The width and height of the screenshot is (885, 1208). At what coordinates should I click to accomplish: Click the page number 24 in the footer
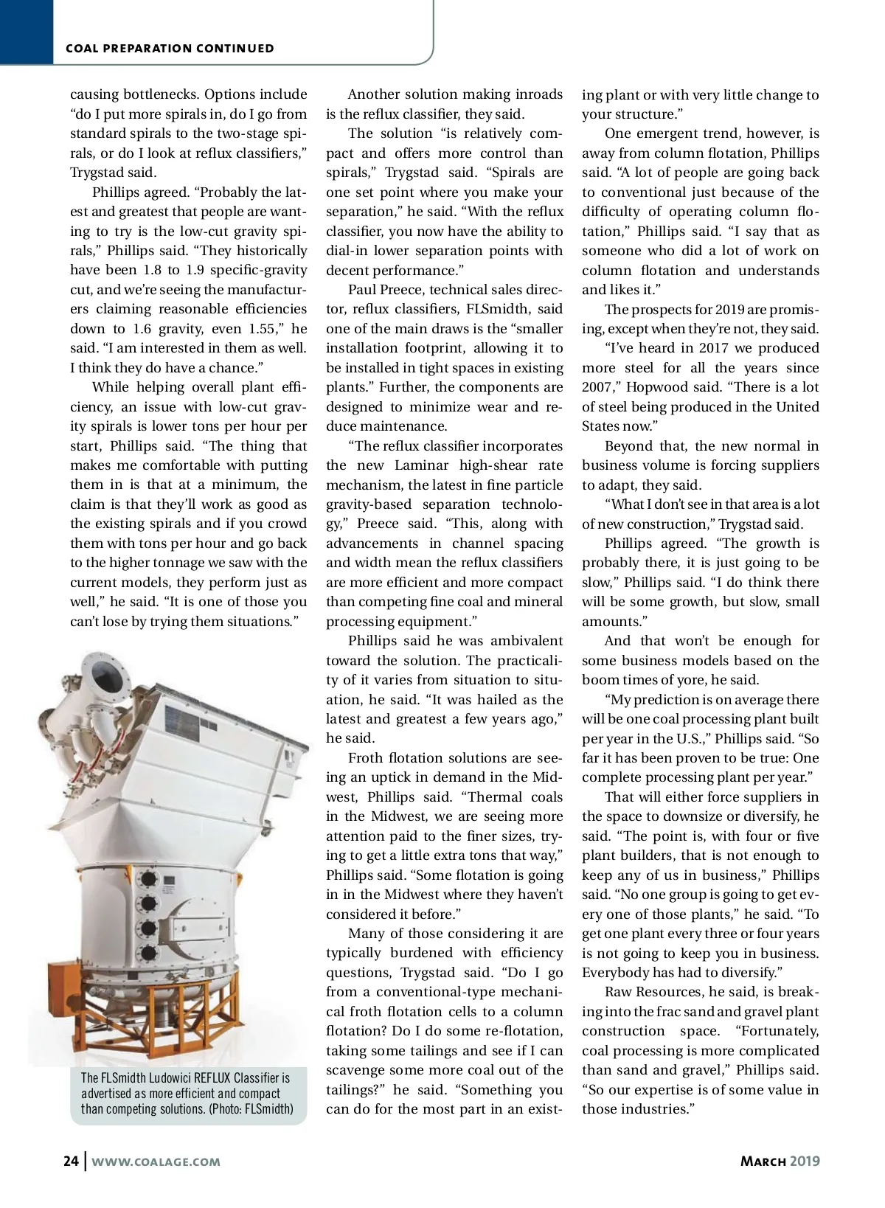pyautogui.click(x=71, y=1161)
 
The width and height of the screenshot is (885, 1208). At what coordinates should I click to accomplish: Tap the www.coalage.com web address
pyautogui.click(x=156, y=1162)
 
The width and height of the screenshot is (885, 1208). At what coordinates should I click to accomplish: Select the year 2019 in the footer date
pyautogui.click(x=805, y=1161)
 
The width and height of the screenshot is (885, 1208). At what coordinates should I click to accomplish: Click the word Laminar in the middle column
pyautogui.click(x=421, y=465)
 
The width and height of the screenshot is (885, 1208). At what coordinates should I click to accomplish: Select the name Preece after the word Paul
pyautogui.click(x=400, y=290)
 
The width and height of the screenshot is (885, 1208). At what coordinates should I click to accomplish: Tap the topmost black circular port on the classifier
pyautogui.click(x=148, y=879)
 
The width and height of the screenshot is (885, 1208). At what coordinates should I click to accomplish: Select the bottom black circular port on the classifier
pyautogui.click(x=148, y=951)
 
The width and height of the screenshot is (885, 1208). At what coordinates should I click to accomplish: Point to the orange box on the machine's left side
pyautogui.click(x=62, y=996)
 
